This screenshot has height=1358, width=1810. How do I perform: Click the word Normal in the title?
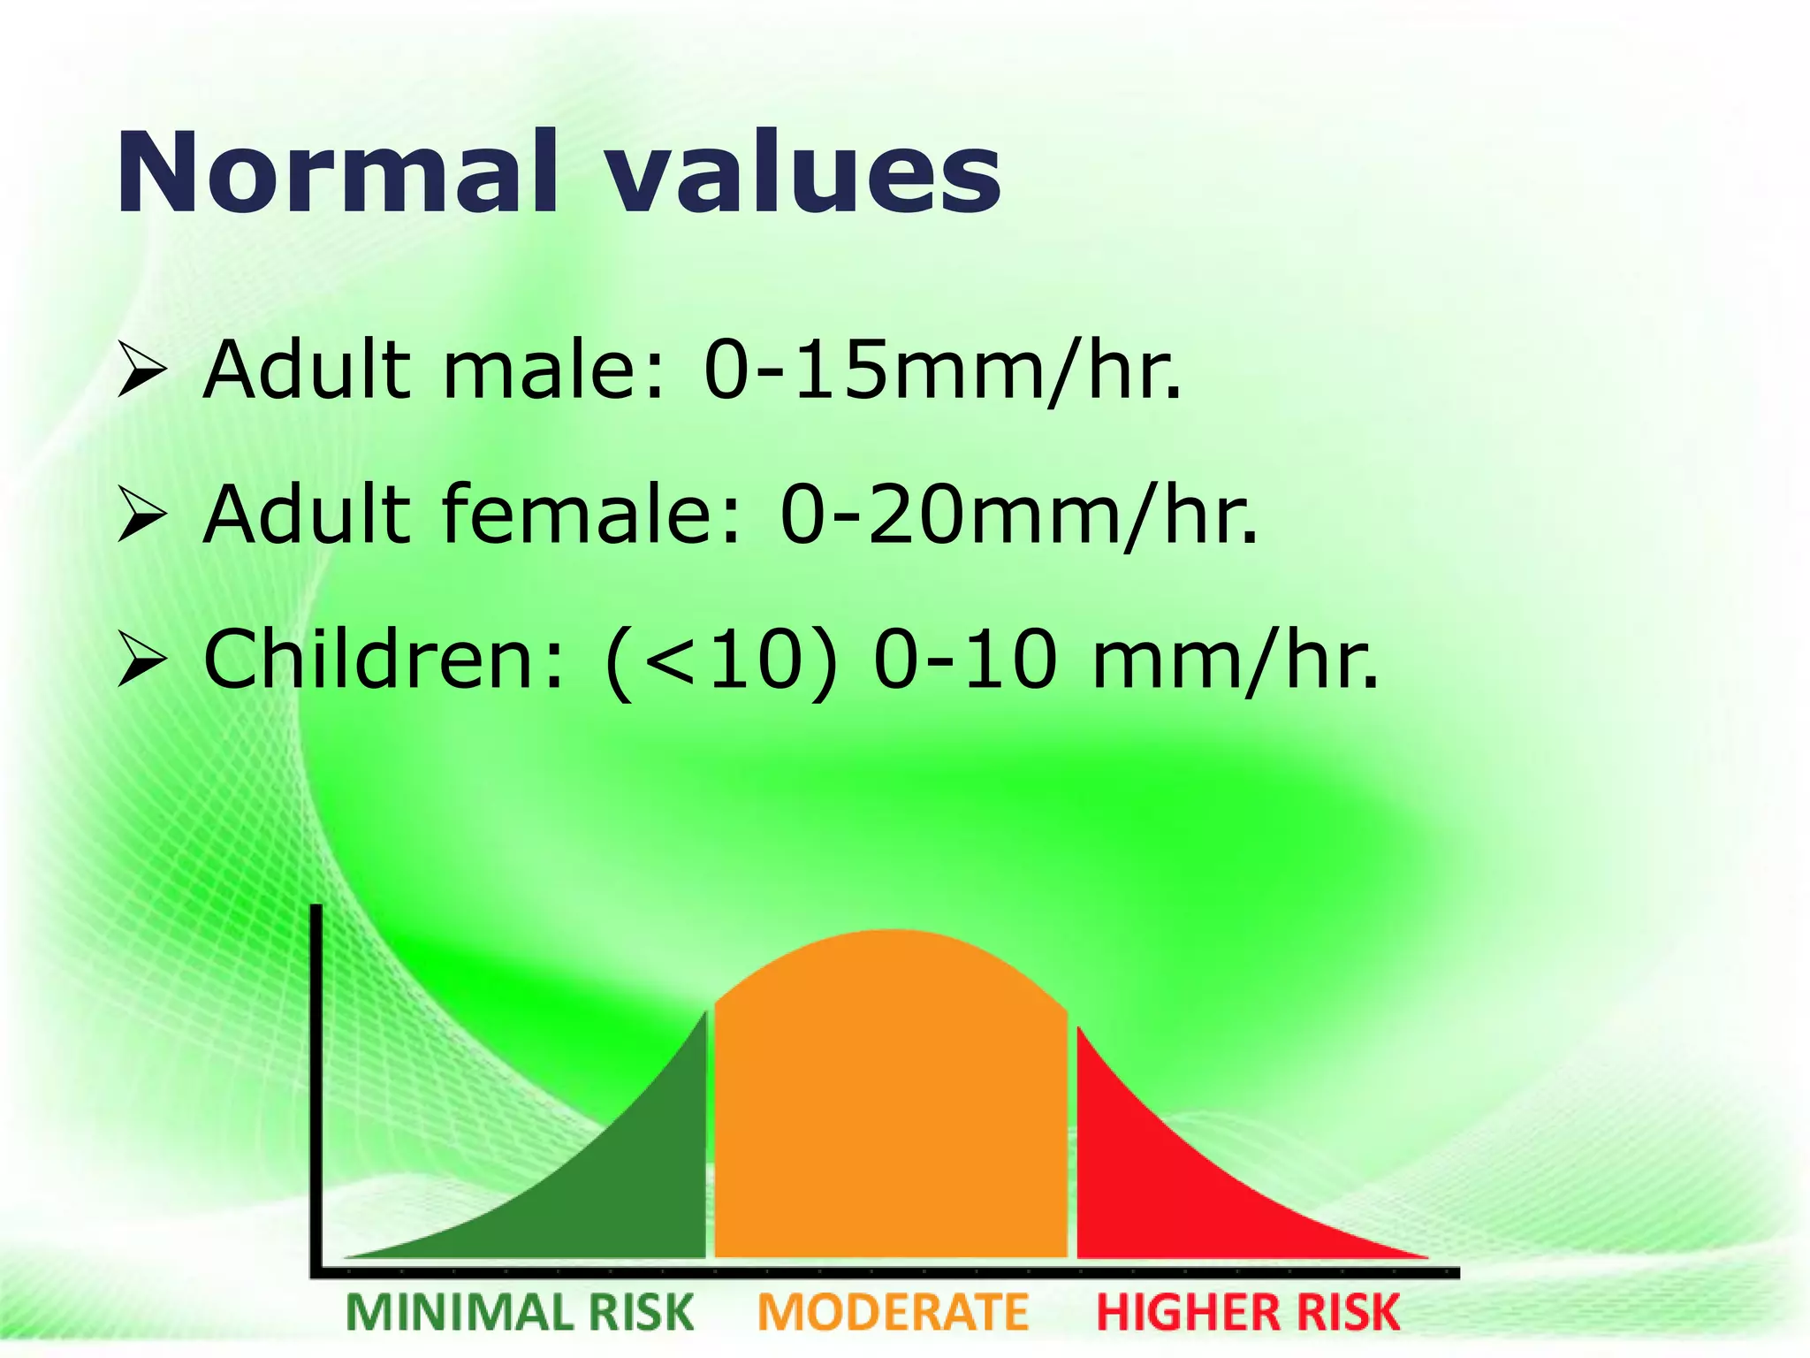pyautogui.click(x=336, y=172)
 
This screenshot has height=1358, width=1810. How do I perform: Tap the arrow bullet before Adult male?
pyautogui.click(x=141, y=371)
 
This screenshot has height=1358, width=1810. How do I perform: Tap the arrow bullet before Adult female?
pyautogui.click(x=141, y=516)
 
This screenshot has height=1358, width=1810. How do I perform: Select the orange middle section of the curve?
pyautogui.click(x=891, y=1105)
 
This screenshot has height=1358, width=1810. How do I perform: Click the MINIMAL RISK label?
pyautogui.click(x=520, y=1312)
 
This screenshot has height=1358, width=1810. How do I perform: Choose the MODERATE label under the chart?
pyautogui.click(x=893, y=1312)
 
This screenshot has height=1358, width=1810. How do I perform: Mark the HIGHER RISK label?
pyautogui.click(x=1248, y=1312)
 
